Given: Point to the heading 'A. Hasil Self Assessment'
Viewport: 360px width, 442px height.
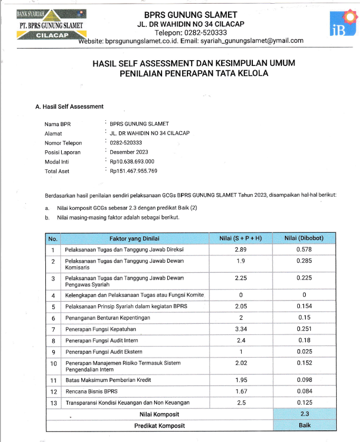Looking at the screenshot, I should coord(69,107).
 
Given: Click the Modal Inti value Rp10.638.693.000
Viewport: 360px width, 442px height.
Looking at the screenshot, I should coord(132,161).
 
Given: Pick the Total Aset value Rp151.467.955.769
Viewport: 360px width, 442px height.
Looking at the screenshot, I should coord(134,171).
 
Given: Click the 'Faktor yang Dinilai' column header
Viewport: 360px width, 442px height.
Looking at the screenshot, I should coord(134,238).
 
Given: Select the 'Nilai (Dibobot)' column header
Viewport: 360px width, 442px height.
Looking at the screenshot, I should coord(304,238).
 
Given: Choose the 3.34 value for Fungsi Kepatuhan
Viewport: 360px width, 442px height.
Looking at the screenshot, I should coord(241,329).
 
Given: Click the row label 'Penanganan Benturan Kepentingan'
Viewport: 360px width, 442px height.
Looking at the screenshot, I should coord(108,318).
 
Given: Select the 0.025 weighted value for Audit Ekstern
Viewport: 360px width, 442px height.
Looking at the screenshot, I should coord(304,351).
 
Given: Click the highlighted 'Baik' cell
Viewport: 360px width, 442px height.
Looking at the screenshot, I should coord(304,425).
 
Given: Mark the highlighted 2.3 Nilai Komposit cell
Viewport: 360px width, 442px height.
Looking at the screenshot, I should coord(304,414).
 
